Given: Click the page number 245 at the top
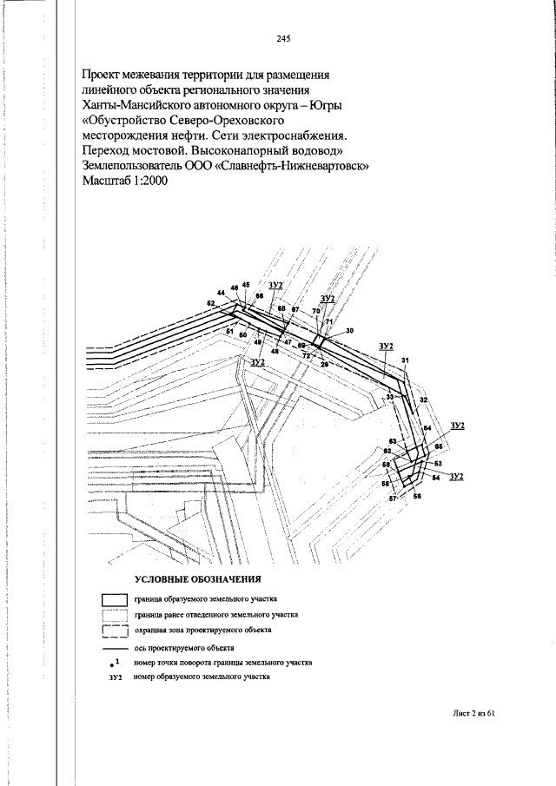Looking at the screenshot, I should pyautogui.click(x=283, y=39).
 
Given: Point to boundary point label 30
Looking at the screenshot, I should pyautogui.click(x=349, y=331).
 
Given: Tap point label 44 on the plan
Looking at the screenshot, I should pyautogui.click(x=221, y=293).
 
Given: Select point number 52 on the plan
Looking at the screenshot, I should pyautogui.click(x=210, y=303).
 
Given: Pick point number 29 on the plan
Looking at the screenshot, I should pyautogui.click(x=324, y=364).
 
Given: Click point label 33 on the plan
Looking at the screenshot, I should pyautogui.click(x=390, y=397).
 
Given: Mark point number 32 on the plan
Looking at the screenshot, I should pyautogui.click(x=423, y=400).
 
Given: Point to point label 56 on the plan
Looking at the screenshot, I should pyautogui.click(x=417, y=496).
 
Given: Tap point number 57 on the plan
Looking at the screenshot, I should pyautogui.click(x=392, y=499).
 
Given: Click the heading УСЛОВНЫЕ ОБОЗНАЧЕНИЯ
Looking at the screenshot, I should pyautogui.click(x=198, y=578).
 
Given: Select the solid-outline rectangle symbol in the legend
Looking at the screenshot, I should pyautogui.click(x=115, y=600).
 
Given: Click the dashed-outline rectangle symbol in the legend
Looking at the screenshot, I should pyautogui.click(x=115, y=631).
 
